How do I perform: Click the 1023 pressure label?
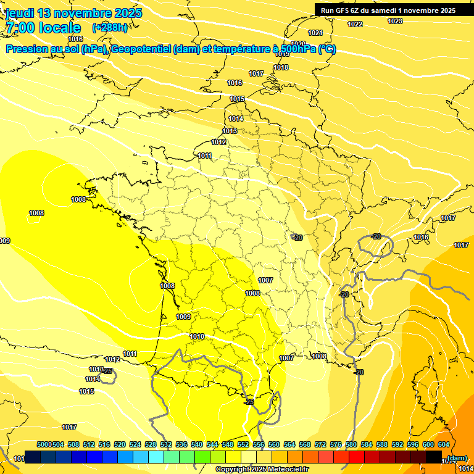tap(395, 21)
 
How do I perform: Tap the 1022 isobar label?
tap(355, 24)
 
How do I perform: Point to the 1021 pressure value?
tap(315, 33)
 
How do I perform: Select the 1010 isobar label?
tap(197, 336)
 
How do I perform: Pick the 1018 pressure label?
tap(281, 67)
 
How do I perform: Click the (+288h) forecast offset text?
tap(110, 27)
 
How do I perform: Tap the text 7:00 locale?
tap(43, 28)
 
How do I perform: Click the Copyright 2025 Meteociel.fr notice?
tap(262, 469)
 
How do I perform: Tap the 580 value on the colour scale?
tap(351, 444)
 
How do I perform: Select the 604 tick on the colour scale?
tap(444, 444)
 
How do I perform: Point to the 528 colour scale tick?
tap(151, 444)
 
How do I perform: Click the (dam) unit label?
tap(457, 457)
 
